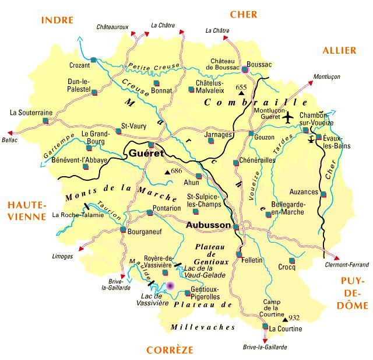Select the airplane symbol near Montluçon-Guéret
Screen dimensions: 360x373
click(x=288, y=117)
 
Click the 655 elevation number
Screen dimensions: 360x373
click(x=241, y=88)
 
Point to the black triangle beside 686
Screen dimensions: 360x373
click(x=168, y=172)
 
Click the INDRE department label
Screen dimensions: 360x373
click(x=57, y=20)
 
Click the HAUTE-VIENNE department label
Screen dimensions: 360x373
click(x=26, y=211)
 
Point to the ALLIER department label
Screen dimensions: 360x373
click(x=339, y=51)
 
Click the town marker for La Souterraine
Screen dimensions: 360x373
click(x=45, y=121)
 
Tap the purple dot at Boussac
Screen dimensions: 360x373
click(x=245, y=69)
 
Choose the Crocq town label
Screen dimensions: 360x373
click(x=287, y=268)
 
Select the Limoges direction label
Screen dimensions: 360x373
click(x=62, y=256)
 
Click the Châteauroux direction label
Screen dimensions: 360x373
click(x=112, y=27)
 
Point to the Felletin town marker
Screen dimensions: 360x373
click(x=239, y=254)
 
